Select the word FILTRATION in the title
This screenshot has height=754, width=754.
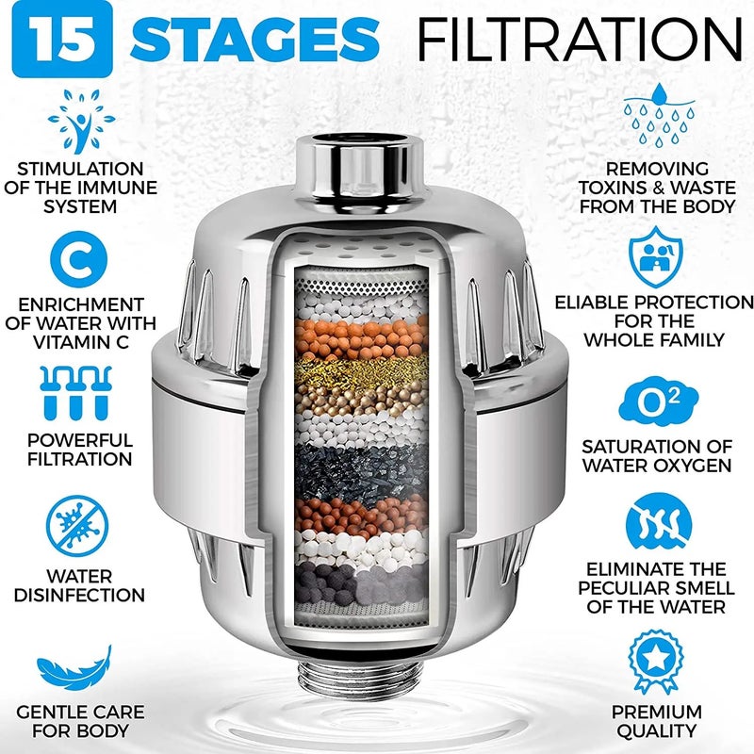[x=580, y=41]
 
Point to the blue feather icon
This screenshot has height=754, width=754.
[x=79, y=670]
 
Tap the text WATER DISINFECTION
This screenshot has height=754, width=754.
[x=79, y=585]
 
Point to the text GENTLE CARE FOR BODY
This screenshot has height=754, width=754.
[x=79, y=721]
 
